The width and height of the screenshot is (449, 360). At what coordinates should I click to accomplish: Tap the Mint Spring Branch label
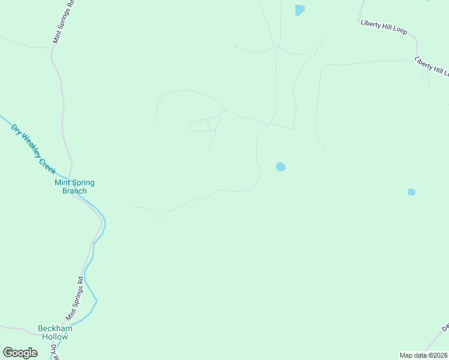74,187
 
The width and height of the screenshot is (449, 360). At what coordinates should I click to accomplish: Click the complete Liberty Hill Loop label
384,27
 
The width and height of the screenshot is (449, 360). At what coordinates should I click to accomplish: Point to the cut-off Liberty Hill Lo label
432,67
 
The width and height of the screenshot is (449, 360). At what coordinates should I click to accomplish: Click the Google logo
20,353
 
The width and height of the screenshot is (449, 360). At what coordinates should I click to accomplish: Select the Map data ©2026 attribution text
423,355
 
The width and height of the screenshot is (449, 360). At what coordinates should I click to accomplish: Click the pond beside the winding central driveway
280,167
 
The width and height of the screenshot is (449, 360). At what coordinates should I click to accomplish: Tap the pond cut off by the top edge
300,10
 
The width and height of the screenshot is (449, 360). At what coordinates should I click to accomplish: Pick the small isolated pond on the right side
411,192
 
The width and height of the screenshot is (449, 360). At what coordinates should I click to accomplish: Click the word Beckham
55,328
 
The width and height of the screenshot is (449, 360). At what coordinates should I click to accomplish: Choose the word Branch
74,191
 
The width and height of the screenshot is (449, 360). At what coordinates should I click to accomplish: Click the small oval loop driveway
199,125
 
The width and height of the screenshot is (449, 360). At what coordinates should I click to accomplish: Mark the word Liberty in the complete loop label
370,24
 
